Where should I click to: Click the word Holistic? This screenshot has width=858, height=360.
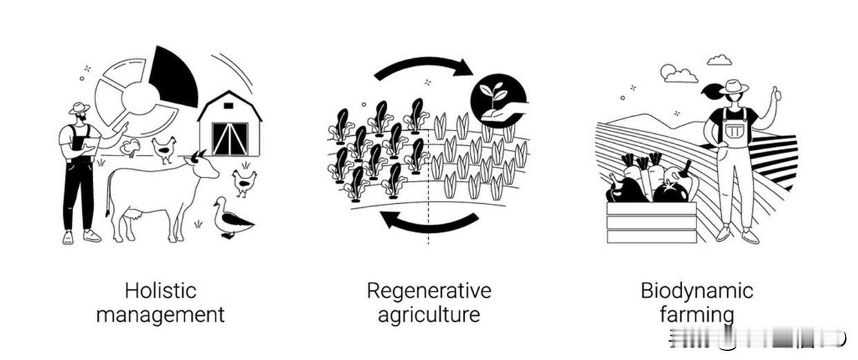(x=161, y=291)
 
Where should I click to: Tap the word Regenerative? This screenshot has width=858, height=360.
(x=428, y=291)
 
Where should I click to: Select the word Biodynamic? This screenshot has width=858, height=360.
(x=696, y=291)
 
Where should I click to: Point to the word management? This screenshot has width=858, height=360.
(x=160, y=315)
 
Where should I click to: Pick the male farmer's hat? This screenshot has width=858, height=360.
(x=79, y=108)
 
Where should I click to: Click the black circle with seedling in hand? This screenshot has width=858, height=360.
(x=498, y=101)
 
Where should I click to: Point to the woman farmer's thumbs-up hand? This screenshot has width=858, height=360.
(x=776, y=94)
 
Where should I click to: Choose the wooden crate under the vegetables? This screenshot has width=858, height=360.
(x=651, y=222)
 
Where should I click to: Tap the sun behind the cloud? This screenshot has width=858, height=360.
(x=667, y=70)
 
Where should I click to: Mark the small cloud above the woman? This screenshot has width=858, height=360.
(x=719, y=60)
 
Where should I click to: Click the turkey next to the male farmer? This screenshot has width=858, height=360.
(x=129, y=146)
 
